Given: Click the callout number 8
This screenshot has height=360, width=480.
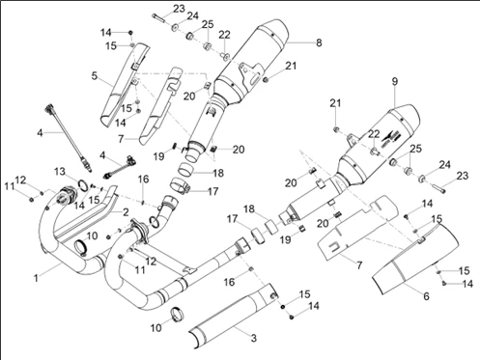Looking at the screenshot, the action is tap(319, 42).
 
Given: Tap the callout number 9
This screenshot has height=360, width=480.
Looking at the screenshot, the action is tap(395, 81).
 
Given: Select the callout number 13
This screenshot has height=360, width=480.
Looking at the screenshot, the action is tap(60, 172).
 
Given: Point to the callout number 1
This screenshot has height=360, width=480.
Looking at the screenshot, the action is tap(36, 278).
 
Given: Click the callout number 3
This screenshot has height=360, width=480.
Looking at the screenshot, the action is tap(254, 338).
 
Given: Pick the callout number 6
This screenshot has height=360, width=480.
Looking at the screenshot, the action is tap(426, 295).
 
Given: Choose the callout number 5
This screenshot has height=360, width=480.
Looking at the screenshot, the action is tap(94, 76).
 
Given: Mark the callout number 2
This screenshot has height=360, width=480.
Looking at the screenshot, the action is tap(126, 212).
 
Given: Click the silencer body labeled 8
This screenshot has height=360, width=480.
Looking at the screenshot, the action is tap(251, 61).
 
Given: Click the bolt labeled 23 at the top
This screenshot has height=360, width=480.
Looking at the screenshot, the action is tap(159, 17).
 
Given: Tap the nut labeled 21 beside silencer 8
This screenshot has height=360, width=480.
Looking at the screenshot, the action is tap(266, 79).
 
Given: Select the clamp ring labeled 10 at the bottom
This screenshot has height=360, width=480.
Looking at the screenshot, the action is tap(177, 314).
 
